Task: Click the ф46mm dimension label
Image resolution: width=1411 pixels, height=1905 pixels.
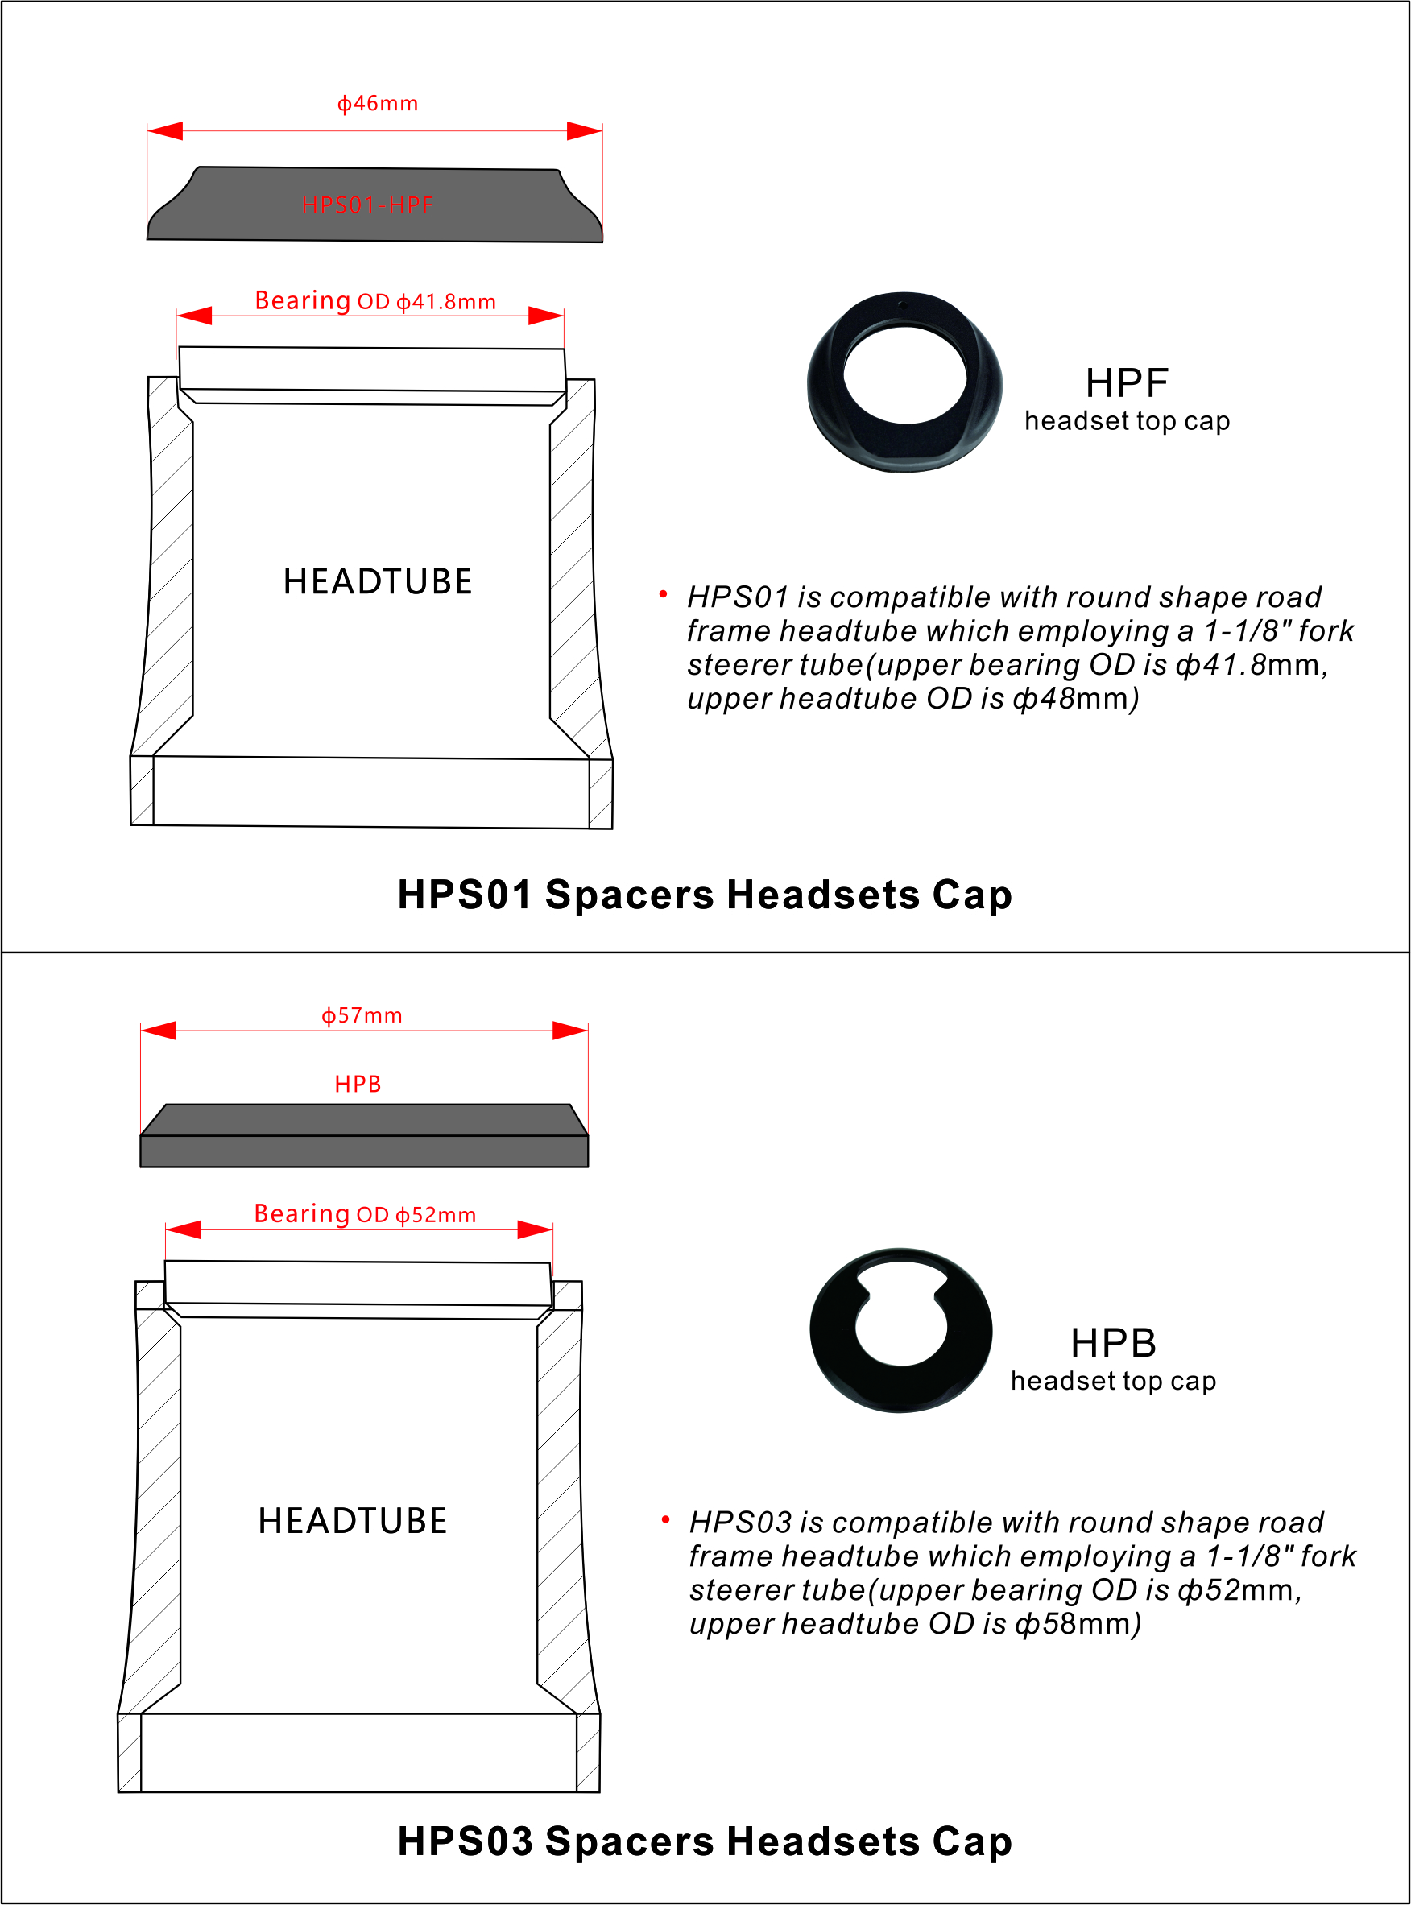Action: click(378, 103)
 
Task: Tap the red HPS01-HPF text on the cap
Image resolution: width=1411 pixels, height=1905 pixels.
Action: click(367, 205)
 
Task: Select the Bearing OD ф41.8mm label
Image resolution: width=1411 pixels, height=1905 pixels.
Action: click(375, 300)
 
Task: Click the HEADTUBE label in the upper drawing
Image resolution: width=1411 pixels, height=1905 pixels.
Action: click(378, 581)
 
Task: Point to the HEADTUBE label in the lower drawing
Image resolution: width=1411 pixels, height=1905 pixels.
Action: click(353, 1521)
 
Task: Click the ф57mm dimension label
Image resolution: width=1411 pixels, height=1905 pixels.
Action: click(362, 1015)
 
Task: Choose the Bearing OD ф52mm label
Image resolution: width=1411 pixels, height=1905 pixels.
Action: click(365, 1213)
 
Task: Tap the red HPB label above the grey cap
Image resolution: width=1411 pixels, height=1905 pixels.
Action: click(358, 1084)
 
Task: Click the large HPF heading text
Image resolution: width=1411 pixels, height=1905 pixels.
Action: click(1127, 383)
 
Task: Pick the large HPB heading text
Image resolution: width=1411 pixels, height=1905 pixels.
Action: click(1114, 1343)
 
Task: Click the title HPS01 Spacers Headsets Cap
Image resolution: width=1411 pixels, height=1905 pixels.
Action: click(705, 895)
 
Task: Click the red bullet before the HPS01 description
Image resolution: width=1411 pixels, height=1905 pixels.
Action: click(663, 593)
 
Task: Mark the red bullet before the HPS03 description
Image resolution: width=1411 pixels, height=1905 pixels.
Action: click(665, 1519)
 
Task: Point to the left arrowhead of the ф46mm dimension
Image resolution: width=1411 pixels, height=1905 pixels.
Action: click(165, 130)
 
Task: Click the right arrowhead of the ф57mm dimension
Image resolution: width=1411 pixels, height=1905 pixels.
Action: click(570, 1031)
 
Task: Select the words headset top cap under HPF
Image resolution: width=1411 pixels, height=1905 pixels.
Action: click(1128, 421)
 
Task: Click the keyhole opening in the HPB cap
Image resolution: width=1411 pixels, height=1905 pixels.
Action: click(901, 1316)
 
